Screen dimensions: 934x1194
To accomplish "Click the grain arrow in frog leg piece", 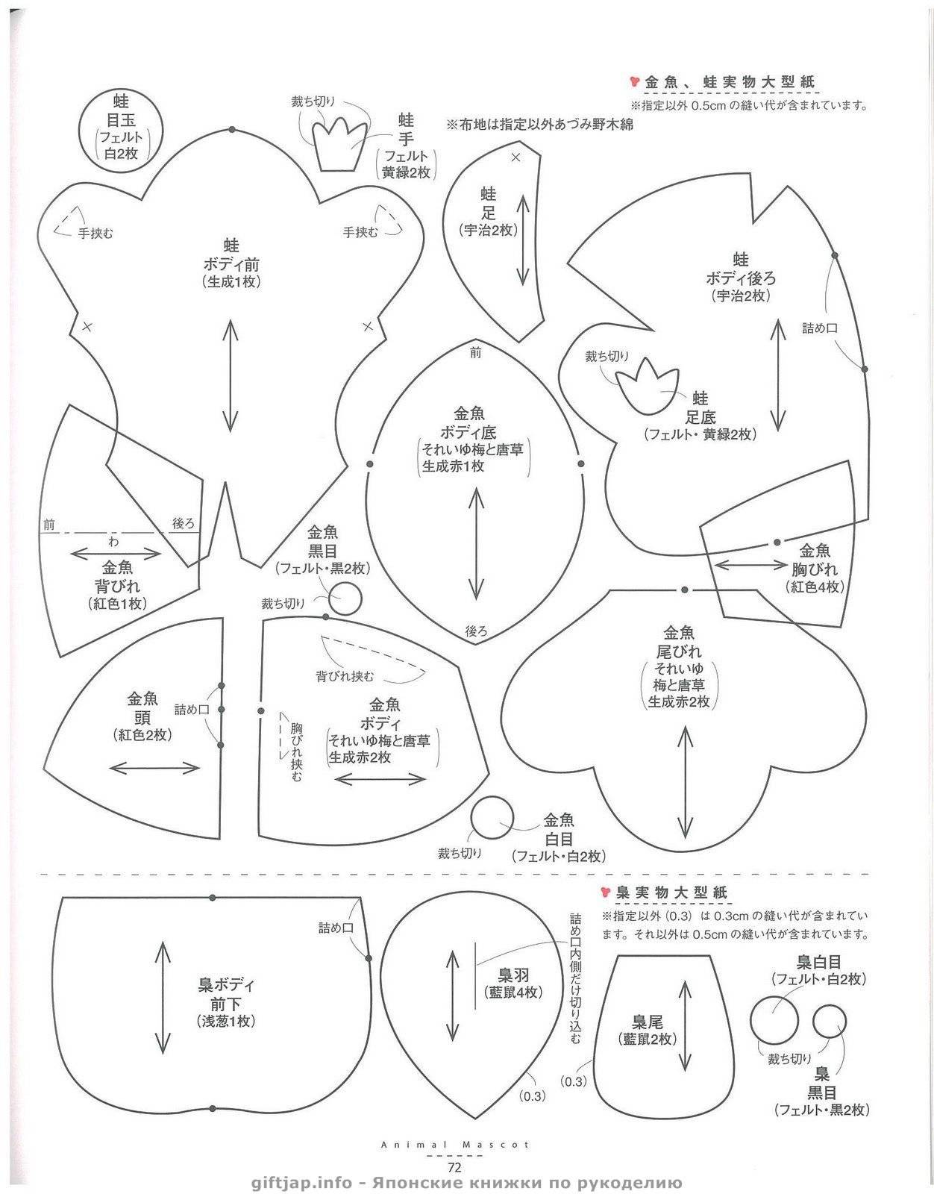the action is click(523, 241).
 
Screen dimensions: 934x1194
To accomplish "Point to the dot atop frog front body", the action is click(232, 130).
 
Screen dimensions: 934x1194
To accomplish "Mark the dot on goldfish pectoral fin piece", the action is click(777, 543).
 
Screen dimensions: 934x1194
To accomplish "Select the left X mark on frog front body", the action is click(87, 326).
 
